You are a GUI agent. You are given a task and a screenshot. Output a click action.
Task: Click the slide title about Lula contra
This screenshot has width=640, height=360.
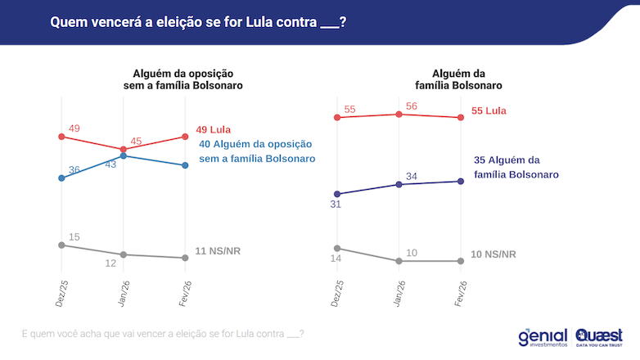(x=197, y=22)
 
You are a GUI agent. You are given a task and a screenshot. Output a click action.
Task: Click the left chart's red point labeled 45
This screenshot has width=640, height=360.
(x=123, y=148)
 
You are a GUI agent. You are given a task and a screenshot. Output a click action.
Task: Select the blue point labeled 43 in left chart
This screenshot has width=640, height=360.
(x=123, y=155)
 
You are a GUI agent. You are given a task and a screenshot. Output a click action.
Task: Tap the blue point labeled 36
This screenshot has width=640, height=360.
(x=61, y=178)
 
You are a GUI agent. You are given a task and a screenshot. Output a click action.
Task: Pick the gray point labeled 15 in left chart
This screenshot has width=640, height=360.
(x=61, y=245)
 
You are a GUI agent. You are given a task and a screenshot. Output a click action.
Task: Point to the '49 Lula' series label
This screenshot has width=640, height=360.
(x=214, y=129)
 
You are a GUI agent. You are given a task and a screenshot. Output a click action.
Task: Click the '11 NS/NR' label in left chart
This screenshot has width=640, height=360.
(x=219, y=251)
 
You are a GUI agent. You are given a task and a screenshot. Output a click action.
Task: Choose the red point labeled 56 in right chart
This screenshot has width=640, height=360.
(x=399, y=114)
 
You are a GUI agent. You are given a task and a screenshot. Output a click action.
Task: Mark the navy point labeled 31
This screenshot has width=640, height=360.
(x=336, y=194)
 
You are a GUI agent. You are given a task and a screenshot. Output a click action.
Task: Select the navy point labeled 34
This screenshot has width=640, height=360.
(x=399, y=184)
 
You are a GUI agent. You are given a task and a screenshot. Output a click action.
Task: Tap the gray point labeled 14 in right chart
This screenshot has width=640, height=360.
(x=336, y=248)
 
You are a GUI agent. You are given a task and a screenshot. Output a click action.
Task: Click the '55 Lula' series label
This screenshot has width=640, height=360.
(x=489, y=110)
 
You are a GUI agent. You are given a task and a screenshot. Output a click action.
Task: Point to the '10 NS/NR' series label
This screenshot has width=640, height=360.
(x=494, y=254)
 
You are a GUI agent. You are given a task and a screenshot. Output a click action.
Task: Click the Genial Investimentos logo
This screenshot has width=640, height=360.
(x=543, y=337)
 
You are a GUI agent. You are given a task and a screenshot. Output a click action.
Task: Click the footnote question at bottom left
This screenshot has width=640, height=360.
(x=163, y=334)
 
